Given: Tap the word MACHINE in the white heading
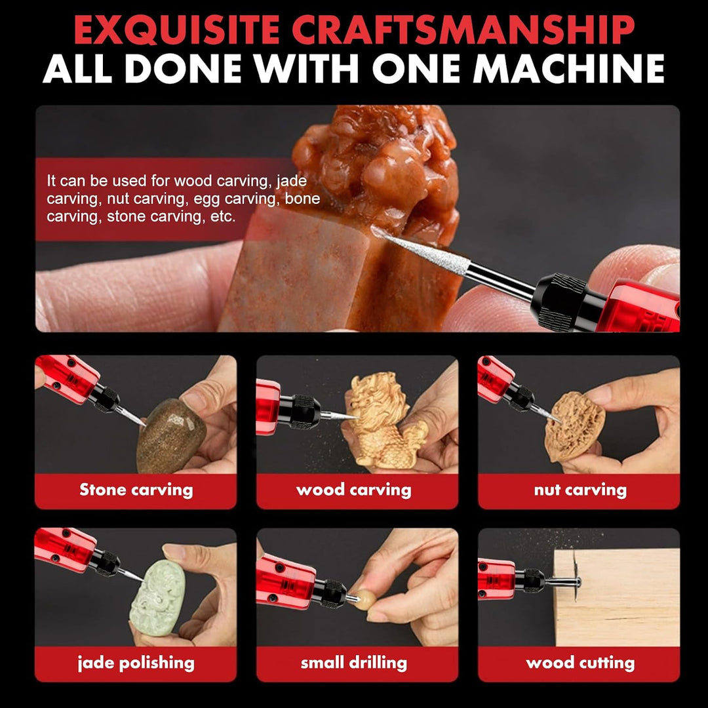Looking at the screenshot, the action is tap(568, 69).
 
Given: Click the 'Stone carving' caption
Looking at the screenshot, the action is tap(136, 490).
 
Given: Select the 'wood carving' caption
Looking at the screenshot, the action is tap(353, 490).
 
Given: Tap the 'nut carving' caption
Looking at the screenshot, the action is tap(580, 490).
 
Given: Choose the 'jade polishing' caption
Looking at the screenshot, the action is tap(136, 663).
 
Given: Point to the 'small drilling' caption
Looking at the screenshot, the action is tap(353, 662).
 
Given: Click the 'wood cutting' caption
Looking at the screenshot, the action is tap(580, 663).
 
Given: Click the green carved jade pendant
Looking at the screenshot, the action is tap(157, 597).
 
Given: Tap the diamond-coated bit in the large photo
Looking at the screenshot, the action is tap(420, 246).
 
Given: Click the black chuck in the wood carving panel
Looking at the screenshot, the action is tap(304, 411).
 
